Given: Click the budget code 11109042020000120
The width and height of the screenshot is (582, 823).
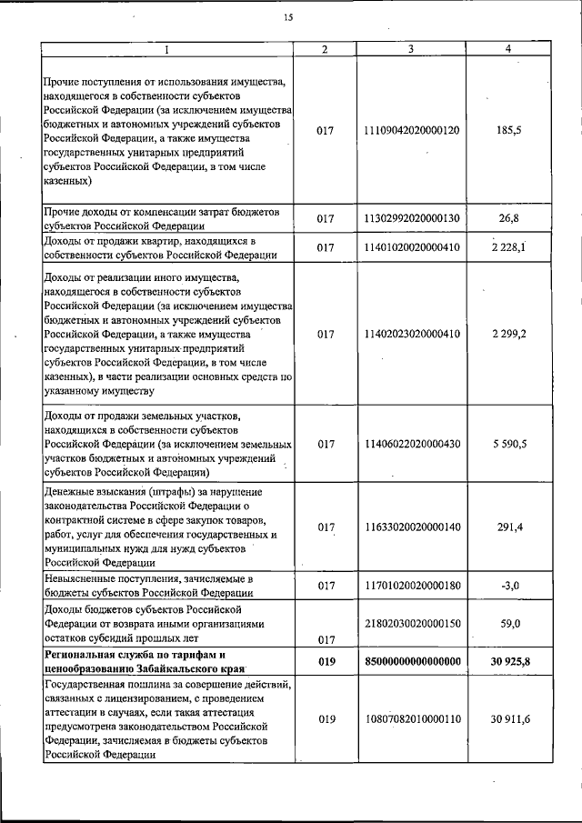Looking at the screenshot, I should click(x=412, y=131).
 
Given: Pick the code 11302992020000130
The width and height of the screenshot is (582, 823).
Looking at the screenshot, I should click(x=412, y=219).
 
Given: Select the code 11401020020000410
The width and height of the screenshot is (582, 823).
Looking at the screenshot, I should click(x=412, y=247).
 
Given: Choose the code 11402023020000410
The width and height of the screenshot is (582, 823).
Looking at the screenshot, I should click(x=412, y=334).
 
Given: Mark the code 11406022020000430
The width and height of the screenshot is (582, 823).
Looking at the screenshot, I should click(x=412, y=444).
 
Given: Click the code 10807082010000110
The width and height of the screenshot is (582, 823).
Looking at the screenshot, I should click(x=412, y=719).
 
